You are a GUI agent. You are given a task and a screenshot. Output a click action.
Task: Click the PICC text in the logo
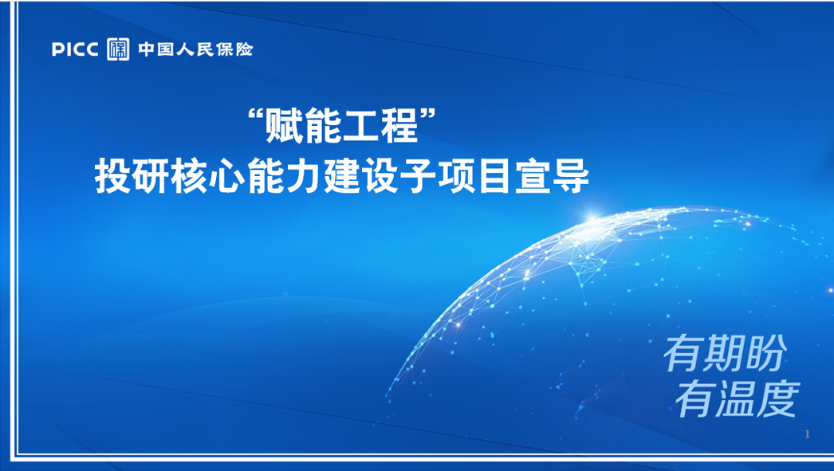(x=75, y=49)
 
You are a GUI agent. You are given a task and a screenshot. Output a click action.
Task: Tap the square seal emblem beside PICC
(x=118, y=49)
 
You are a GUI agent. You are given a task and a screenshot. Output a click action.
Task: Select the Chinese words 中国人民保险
(x=195, y=49)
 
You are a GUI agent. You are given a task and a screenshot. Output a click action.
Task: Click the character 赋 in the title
(x=285, y=127)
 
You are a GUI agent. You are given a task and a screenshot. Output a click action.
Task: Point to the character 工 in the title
(x=361, y=127)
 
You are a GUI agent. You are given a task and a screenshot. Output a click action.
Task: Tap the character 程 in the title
(x=399, y=127)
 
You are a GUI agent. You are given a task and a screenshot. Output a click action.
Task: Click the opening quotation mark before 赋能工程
(x=257, y=114)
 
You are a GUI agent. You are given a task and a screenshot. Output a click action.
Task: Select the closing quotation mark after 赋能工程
(x=427, y=114)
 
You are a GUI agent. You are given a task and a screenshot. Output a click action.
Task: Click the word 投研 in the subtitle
(x=132, y=176)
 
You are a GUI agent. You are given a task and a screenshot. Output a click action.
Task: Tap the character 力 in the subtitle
(x=303, y=176)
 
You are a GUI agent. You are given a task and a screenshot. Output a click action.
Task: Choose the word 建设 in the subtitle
(x=360, y=176)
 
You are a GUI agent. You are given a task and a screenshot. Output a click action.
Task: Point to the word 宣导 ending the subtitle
(x=552, y=176)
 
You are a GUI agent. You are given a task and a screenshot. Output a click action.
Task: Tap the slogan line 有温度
(x=738, y=398)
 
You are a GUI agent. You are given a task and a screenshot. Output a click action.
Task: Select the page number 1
(x=808, y=434)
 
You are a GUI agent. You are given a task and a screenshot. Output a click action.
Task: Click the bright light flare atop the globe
(x=592, y=217)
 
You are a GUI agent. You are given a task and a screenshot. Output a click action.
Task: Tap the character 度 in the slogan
(x=779, y=398)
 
